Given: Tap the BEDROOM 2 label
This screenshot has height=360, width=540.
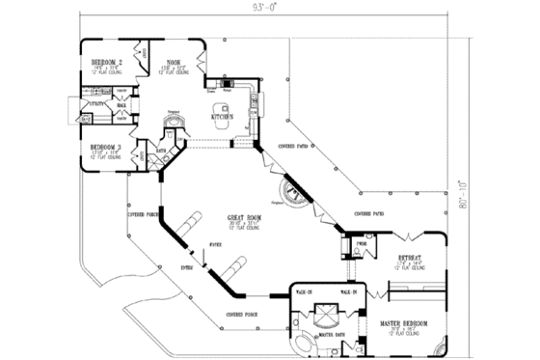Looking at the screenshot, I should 105,61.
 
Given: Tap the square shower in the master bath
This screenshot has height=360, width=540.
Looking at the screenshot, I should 326,311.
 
